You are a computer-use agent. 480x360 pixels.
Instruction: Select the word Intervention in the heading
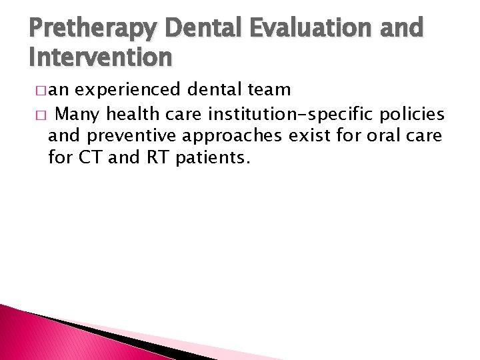pyautogui.click(x=101, y=58)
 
